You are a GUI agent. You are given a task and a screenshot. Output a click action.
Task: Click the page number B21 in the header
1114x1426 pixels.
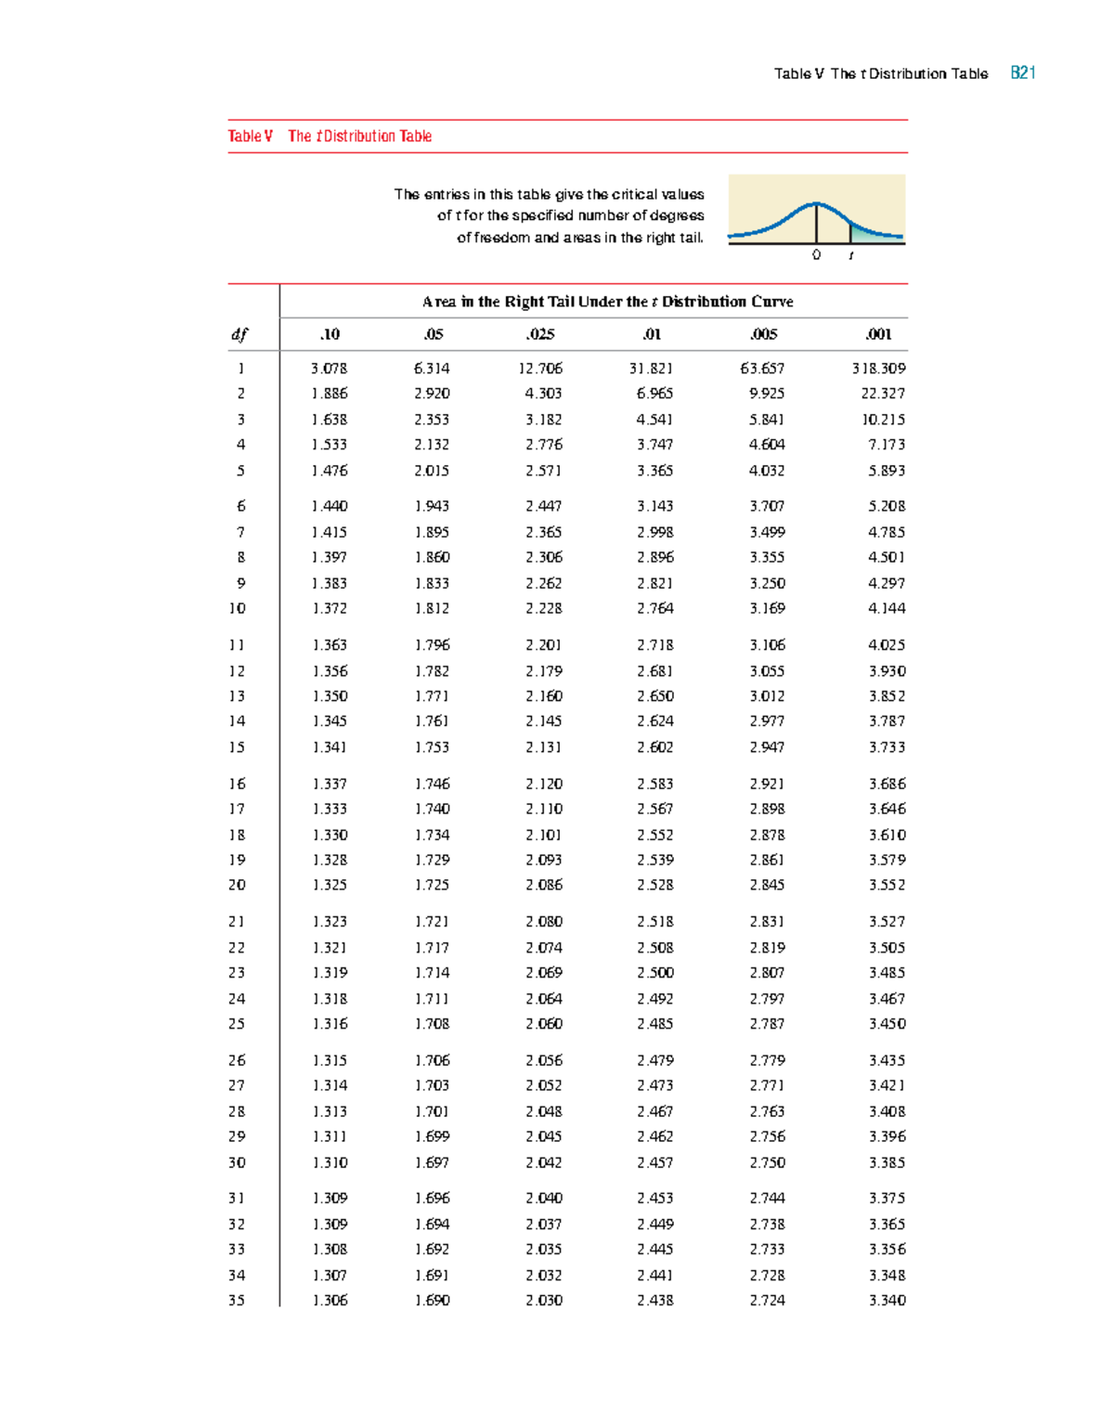(x=1022, y=73)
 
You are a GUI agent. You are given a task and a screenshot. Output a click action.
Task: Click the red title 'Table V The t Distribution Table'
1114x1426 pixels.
(x=330, y=136)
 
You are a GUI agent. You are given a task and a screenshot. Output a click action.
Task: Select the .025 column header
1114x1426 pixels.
(x=540, y=334)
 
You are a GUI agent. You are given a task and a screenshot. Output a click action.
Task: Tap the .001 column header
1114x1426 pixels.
(x=878, y=334)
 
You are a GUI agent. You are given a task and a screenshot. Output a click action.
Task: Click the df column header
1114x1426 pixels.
(x=240, y=334)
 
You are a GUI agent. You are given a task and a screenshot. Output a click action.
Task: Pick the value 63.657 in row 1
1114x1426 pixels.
(x=762, y=369)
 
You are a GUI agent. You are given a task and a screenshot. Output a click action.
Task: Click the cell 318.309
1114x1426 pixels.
(x=878, y=369)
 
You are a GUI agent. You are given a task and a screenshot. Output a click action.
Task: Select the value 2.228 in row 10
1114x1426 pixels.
(x=543, y=608)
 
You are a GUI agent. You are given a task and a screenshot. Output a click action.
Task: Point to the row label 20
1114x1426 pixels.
(x=237, y=885)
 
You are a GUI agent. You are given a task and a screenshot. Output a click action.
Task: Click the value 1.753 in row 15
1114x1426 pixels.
(x=432, y=747)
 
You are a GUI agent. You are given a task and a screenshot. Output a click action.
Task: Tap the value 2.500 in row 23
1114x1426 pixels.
(x=654, y=973)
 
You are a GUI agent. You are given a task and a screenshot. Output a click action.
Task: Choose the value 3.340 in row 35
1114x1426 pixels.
(x=887, y=1301)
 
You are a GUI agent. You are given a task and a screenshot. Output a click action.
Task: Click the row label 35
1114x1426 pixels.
(x=237, y=1301)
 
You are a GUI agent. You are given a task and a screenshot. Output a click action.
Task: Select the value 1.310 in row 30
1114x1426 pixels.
(x=330, y=1162)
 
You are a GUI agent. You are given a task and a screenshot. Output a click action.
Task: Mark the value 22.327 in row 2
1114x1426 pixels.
(x=882, y=394)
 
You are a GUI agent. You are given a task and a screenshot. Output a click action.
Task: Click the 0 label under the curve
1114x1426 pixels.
(x=816, y=254)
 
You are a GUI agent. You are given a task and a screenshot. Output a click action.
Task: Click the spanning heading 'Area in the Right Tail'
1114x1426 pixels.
(x=607, y=302)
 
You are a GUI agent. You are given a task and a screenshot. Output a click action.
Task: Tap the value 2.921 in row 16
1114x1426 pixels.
(x=767, y=784)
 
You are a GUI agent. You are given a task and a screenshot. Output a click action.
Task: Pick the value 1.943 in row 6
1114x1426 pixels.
(x=432, y=506)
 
